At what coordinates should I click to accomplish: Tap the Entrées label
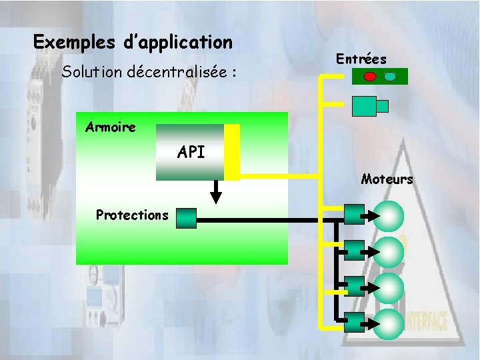pyautogui.click(x=361, y=59)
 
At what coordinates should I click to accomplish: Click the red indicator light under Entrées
pyautogui.click(x=370, y=77)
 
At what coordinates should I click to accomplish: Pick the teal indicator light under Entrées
pyautogui.click(x=391, y=77)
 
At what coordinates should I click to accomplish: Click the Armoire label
pyautogui.click(x=111, y=127)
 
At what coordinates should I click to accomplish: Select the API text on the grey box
pyautogui.click(x=191, y=152)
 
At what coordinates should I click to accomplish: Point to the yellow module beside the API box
pyautogui.click(x=231, y=152)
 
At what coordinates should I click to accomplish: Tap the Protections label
pyautogui.click(x=132, y=215)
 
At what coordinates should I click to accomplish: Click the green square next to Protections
pyautogui.click(x=187, y=218)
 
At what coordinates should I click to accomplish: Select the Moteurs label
pyautogui.click(x=387, y=179)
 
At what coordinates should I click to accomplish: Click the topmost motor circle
pyautogui.click(x=389, y=215)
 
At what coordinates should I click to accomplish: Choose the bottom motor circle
pyautogui.click(x=389, y=323)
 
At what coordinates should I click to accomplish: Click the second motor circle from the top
pyautogui.click(x=389, y=251)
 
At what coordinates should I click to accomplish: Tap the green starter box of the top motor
pyautogui.click(x=355, y=213)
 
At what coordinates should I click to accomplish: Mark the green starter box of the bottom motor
pyautogui.click(x=355, y=322)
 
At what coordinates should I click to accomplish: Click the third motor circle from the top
pyautogui.click(x=389, y=287)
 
